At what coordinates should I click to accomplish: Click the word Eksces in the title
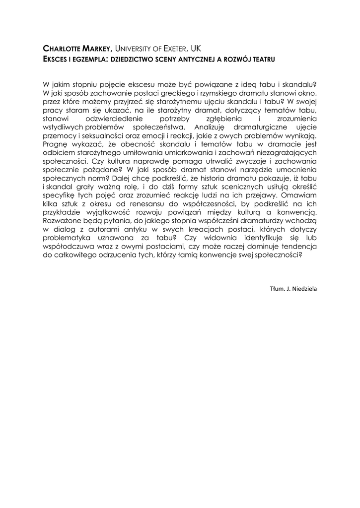[x=56, y=59]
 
